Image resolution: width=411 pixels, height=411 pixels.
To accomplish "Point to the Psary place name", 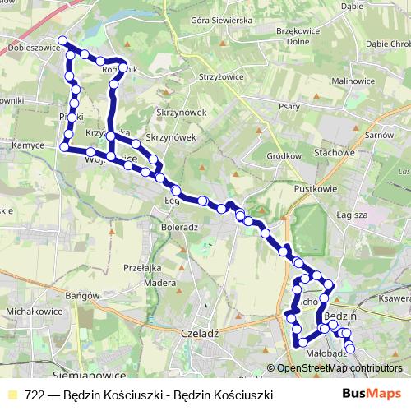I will click(289, 105).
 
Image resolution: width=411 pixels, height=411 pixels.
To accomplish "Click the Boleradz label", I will click(180, 226).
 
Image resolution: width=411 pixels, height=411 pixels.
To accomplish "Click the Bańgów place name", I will click(82, 296).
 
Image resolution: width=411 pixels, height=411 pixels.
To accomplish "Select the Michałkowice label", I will click(30, 313).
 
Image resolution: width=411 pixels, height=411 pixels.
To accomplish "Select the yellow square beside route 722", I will click(12, 395).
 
